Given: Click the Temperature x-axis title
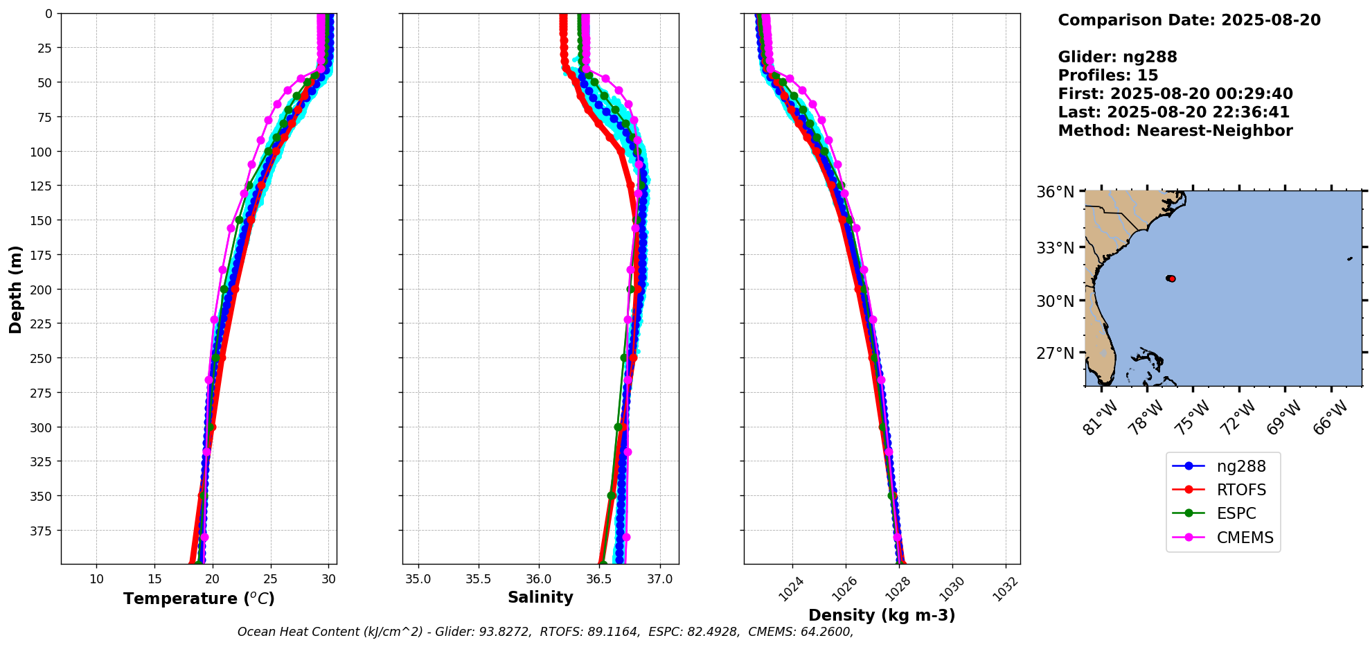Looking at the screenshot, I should coord(199,599).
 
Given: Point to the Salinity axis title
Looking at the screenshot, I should coord(540,597).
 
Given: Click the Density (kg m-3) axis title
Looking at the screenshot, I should coord(882,615).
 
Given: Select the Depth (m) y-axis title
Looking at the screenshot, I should coord(15,289).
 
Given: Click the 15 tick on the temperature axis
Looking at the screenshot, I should coord(154,579).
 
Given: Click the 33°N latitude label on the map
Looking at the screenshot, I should coord(1055,247).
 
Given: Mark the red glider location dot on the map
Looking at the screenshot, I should coord(1171,278).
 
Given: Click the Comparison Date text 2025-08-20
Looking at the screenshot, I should coord(1270,20).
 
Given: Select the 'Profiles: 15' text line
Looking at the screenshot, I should coord(1107,76).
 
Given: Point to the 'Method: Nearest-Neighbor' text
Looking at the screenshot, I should coord(1175,131).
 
